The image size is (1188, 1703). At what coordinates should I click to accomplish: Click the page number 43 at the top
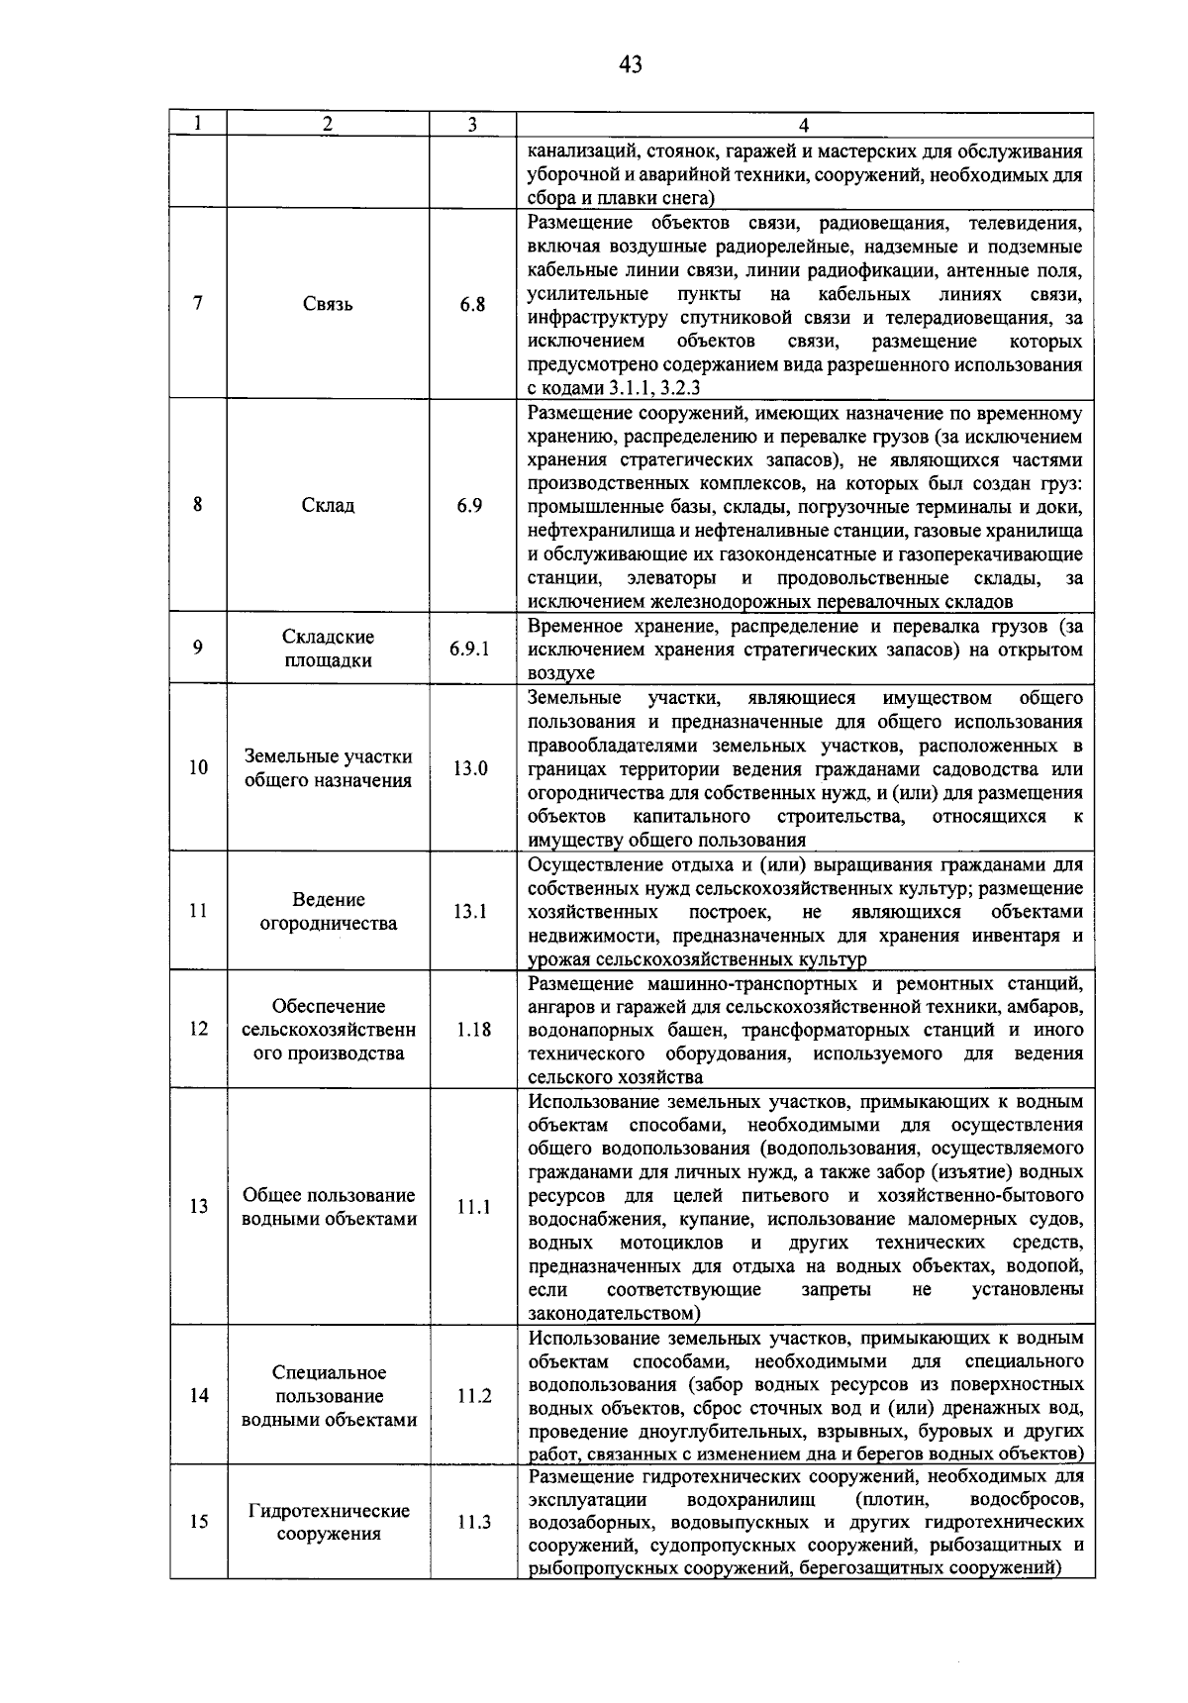[631, 65]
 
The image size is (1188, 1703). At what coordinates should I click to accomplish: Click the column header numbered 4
[804, 125]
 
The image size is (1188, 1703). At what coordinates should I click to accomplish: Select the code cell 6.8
[472, 305]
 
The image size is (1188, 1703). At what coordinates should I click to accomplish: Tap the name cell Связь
[328, 305]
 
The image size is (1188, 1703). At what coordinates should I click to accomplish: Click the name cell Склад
[328, 505]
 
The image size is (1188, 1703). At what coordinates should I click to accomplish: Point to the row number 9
[198, 649]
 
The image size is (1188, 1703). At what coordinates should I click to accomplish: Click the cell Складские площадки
[328, 649]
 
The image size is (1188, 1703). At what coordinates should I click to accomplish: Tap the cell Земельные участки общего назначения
[328, 768]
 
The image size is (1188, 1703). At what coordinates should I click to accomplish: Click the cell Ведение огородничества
[328, 912]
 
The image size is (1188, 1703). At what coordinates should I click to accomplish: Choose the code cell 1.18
[473, 1030]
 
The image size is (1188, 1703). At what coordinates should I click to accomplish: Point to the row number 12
[198, 1030]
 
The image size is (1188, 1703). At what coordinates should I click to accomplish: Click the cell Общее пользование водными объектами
[328, 1207]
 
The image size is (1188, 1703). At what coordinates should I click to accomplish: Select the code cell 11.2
[473, 1396]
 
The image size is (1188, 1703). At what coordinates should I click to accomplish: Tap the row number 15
[198, 1522]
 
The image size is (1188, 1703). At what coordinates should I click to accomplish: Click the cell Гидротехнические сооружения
[328, 1522]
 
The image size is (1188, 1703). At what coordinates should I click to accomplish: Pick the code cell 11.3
[473, 1522]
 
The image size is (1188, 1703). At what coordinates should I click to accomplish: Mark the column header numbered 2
[328, 125]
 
